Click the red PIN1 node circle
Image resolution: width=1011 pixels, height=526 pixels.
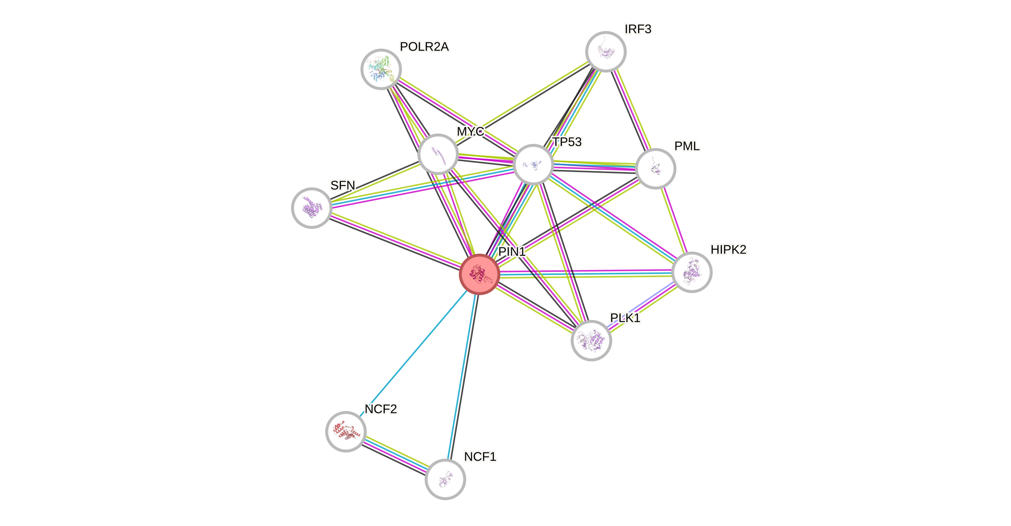pyautogui.click(x=479, y=274)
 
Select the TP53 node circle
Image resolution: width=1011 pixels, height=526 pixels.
pyautogui.click(x=533, y=164)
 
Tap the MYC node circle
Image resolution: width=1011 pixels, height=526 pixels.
pyautogui.click(x=438, y=154)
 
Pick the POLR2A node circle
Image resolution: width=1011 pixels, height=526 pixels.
pyautogui.click(x=381, y=69)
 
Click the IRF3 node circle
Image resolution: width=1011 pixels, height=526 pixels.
pyautogui.click(x=606, y=51)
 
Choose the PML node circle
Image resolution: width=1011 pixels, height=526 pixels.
pyautogui.click(x=655, y=169)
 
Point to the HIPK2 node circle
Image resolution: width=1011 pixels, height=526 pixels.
pyautogui.click(x=692, y=272)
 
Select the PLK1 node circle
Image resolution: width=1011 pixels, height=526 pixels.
pyautogui.click(x=591, y=340)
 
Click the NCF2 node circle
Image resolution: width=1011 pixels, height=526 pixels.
pyautogui.click(x=346, y=432)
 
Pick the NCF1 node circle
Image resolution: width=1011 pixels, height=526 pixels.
pyautogui.click(x=445, y=479)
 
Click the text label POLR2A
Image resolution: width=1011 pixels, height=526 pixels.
pyautogui.click(x=424, y=47)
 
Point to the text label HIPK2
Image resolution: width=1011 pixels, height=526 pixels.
pyautogui.click(x=728, y=249)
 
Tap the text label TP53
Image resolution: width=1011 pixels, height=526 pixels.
pyautogui.click(x=567, y=142)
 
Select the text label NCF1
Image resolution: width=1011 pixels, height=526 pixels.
pyautogui.click(x=480, y=457)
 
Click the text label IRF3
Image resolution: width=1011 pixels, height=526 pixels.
pyautogui.click(x=638, y=29)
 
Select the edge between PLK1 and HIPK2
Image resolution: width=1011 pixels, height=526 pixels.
pyautogui.click(x=641, y=306)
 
